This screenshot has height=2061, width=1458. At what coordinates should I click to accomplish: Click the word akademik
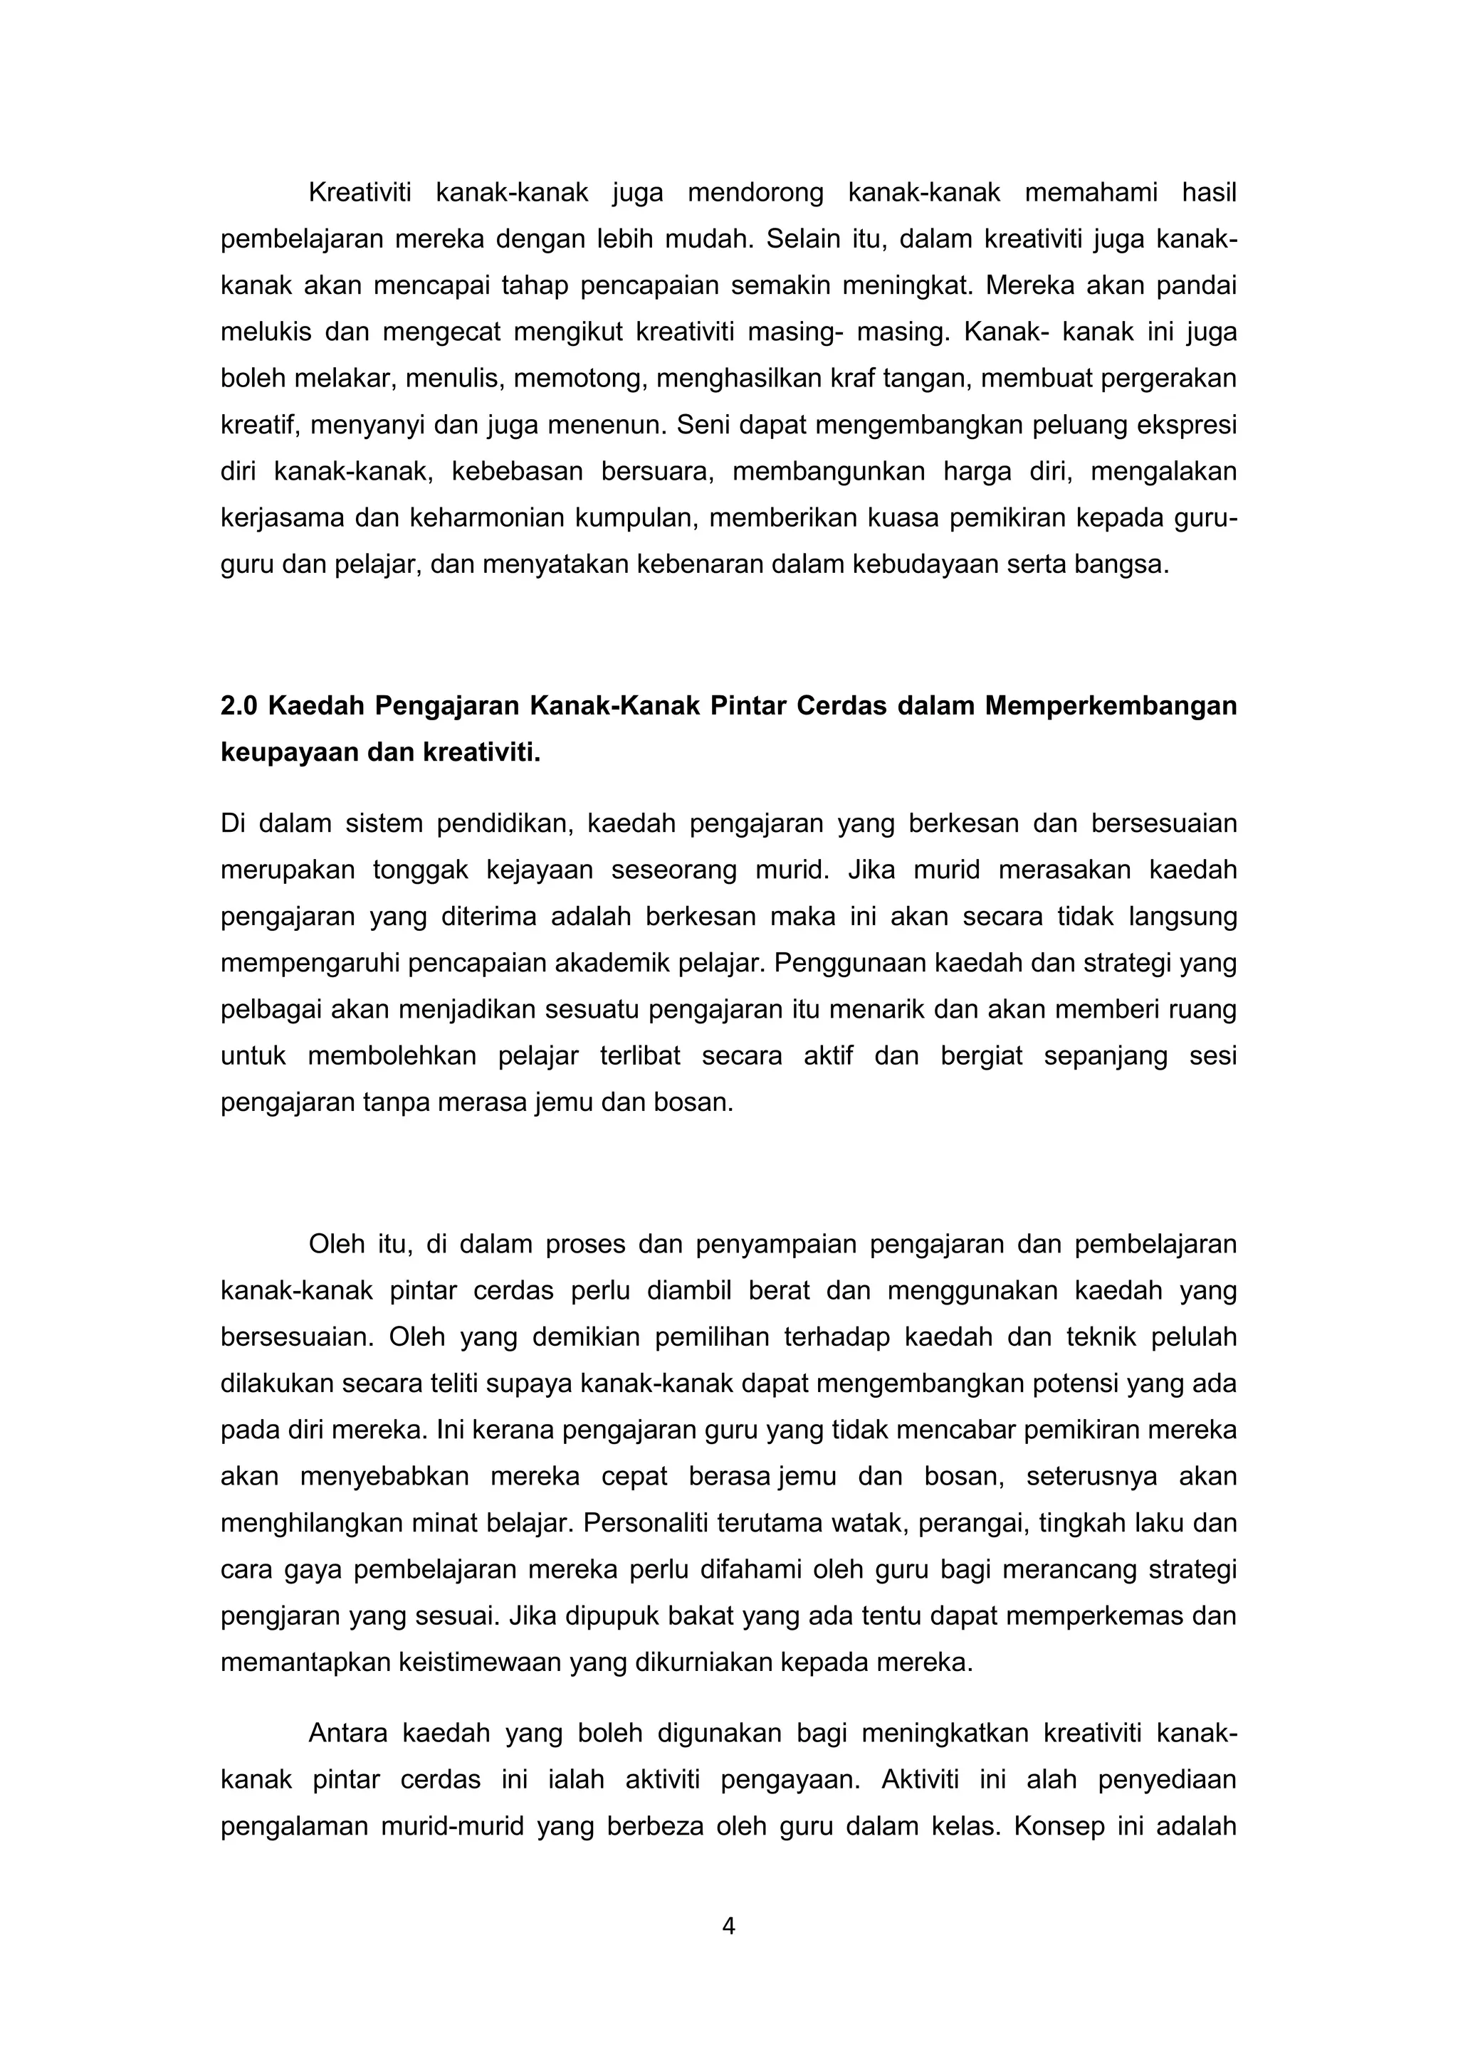click(611, 963)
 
